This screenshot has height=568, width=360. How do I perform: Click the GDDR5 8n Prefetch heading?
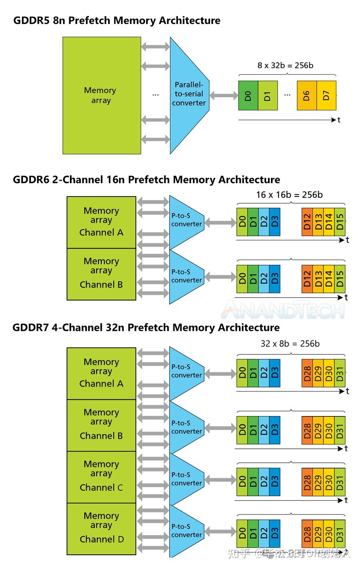[117, 20]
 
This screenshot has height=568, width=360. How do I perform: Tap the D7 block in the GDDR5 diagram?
[326, 95]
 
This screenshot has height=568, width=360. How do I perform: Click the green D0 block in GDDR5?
[248, 95]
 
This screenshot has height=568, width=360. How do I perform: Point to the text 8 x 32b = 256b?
[285, 65]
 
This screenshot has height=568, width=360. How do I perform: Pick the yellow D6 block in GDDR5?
[306, 95]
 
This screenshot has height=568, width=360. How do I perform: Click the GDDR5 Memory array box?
[102, 95]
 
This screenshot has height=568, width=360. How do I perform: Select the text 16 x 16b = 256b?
[289, 195]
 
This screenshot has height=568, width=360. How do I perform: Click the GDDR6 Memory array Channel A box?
[101, 222]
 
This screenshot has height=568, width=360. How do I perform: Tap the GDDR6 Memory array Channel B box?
[101, 274]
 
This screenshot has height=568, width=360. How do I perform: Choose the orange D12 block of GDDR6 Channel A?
[307, 222]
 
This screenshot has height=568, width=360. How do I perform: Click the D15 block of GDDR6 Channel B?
[340, 278]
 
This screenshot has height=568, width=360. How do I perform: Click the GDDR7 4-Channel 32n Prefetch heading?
[146, 328]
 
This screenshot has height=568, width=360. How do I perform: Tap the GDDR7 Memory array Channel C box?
[101, 477]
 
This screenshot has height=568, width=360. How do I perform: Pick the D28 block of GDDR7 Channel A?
[307, 373]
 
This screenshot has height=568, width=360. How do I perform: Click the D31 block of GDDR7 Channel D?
[340, 534]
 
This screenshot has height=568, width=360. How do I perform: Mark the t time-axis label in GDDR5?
[339, 120]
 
